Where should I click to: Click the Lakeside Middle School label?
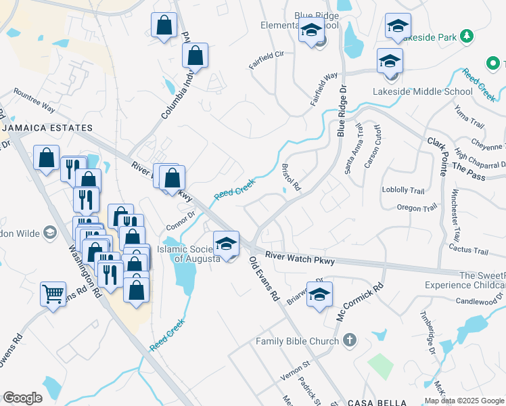(423, 91)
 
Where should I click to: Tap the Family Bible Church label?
(297, 341)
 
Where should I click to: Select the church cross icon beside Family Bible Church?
(350, 340)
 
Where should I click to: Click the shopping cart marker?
(53, 294)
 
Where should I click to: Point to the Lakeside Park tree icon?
(466, 36)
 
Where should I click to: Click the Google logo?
(22, 398)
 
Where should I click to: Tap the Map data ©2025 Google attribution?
(465, 401)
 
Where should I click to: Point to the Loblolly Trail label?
(403, 190)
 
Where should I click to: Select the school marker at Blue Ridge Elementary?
(311, 31)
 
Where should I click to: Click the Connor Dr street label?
(181, 217)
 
